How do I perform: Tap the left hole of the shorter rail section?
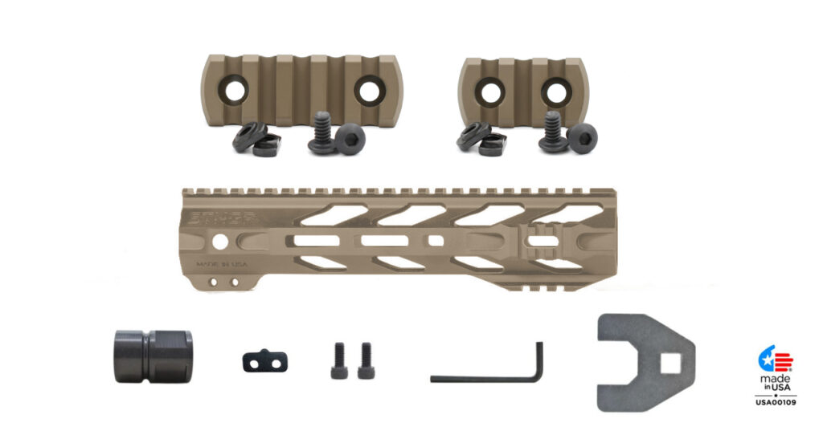486,90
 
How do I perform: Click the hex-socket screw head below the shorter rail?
582,138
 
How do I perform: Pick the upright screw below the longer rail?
321,133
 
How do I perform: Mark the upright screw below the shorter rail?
551,132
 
